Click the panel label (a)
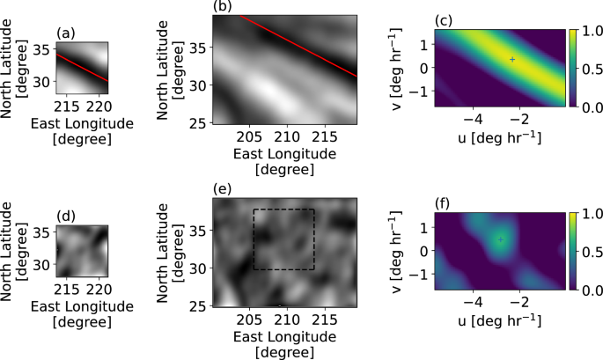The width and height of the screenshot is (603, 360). click(x=65, y=33)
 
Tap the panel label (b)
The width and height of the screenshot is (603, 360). click(x=222, y=7)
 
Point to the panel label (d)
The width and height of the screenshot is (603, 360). click(x=65, y=214)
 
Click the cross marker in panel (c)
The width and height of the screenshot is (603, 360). click(x=512, y=59)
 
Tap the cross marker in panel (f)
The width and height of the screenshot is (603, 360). click(x=500, y=239)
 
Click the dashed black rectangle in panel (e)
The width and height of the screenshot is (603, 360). click(x=283, y=209)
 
